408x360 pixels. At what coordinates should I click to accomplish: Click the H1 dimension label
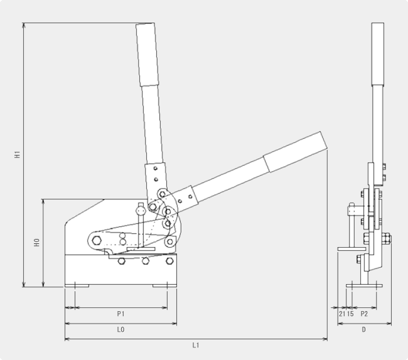click(x=17, y=154)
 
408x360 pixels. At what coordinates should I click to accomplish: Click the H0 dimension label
click(x=36, y=243)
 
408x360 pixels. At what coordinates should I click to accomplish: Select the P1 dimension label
click(x=121, y=314)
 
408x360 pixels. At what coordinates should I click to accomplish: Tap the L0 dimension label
click(x=121, y=330)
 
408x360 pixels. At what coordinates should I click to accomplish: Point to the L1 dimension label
click(x=196, y=345)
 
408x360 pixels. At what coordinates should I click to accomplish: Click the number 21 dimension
click(x=342, y=314)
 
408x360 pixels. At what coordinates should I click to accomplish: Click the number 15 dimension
click(x=350, y=314)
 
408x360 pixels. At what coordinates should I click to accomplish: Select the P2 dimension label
click(x=364, y=314)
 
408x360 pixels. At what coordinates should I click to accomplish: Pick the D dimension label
click(x=364, y=330)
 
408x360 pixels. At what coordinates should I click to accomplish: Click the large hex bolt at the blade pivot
click(x=97, y=240)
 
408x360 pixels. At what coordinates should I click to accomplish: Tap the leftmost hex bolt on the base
click(x=122, y=261)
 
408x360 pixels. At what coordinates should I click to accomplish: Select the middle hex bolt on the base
click(x=146, y=261)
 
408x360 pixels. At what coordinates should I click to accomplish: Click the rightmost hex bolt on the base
click(x=169, y=261)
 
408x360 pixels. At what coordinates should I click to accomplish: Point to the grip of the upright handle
click(x=148, y=55)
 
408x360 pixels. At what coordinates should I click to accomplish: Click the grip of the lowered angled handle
click(x=295, y=152)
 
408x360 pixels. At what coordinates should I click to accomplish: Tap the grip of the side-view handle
click(x=378, y=54)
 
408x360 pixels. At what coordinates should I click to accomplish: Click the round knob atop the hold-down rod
click(x=141, y=210)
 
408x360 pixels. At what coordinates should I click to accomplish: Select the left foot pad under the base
click(x=77, y=285)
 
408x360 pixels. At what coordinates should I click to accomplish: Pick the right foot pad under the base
click(x=164, y=285)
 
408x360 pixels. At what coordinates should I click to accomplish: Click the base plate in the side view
click(x=364, y=285)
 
